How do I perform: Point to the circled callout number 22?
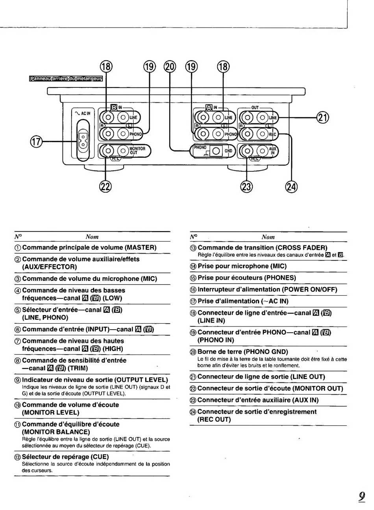click(x=106, y=187)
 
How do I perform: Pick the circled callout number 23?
click(x=246, y=187)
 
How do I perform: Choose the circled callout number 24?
click(x=292, y=187)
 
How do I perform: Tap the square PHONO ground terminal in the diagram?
click(x=216, y=151)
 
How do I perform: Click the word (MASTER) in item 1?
click(x=141, y=248)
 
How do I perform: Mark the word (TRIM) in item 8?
click(x=78, y=368)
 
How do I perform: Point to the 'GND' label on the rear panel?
click(x=228, y=151)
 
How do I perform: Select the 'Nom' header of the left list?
click(x=92, y=237)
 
